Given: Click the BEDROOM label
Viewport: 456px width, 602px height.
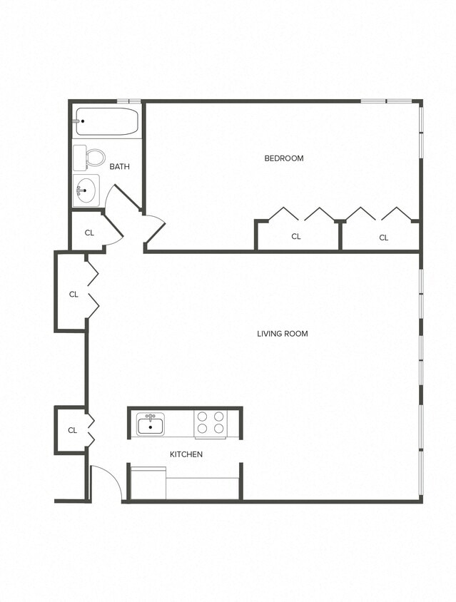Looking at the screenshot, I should pyautogui.click(x=284, y=158).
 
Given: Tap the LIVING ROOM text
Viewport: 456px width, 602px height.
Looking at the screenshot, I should pyautogui.click(x=283, y=334).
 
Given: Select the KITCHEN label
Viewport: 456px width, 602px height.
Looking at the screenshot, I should pyautogui.click(x=186, y=454).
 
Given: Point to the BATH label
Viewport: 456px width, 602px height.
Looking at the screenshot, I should pyautogui.click(x=119, y=167).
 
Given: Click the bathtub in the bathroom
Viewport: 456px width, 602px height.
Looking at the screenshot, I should pyautogui.click(x=106, y=121).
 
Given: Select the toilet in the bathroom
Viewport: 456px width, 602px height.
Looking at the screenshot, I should pyautogui.click(x=90, y=156).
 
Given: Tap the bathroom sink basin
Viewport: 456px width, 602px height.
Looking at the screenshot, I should pyautogui.click(x=86, y=190).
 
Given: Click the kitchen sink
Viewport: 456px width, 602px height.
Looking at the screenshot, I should pyautogui.click(x=151, y=426).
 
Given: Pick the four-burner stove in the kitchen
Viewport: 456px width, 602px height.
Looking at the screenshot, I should pyautogui.click(x=210, y=423).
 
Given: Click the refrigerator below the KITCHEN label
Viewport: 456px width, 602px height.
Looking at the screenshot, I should pyautogui.click(x=148, y=483).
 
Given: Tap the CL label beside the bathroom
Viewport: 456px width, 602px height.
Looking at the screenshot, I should pyautogui.click(x=89, y=233).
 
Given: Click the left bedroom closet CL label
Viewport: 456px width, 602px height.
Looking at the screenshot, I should pyautogui.click(x=296, y=237).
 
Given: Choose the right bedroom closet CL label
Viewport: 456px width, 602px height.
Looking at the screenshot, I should pyautogui.click(x=383, y=238).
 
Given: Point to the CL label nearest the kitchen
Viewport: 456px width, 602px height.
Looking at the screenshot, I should pyautogui.click(x=72, y=430).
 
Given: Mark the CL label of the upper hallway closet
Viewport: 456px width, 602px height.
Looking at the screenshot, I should pyautogui.click(x=74, y=295).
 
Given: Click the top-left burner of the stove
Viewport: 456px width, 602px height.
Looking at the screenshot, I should pyautogui.click(x=202, y=416).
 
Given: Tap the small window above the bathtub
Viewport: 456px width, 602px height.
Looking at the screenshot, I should pyautogui.click(x=128, y=101).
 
